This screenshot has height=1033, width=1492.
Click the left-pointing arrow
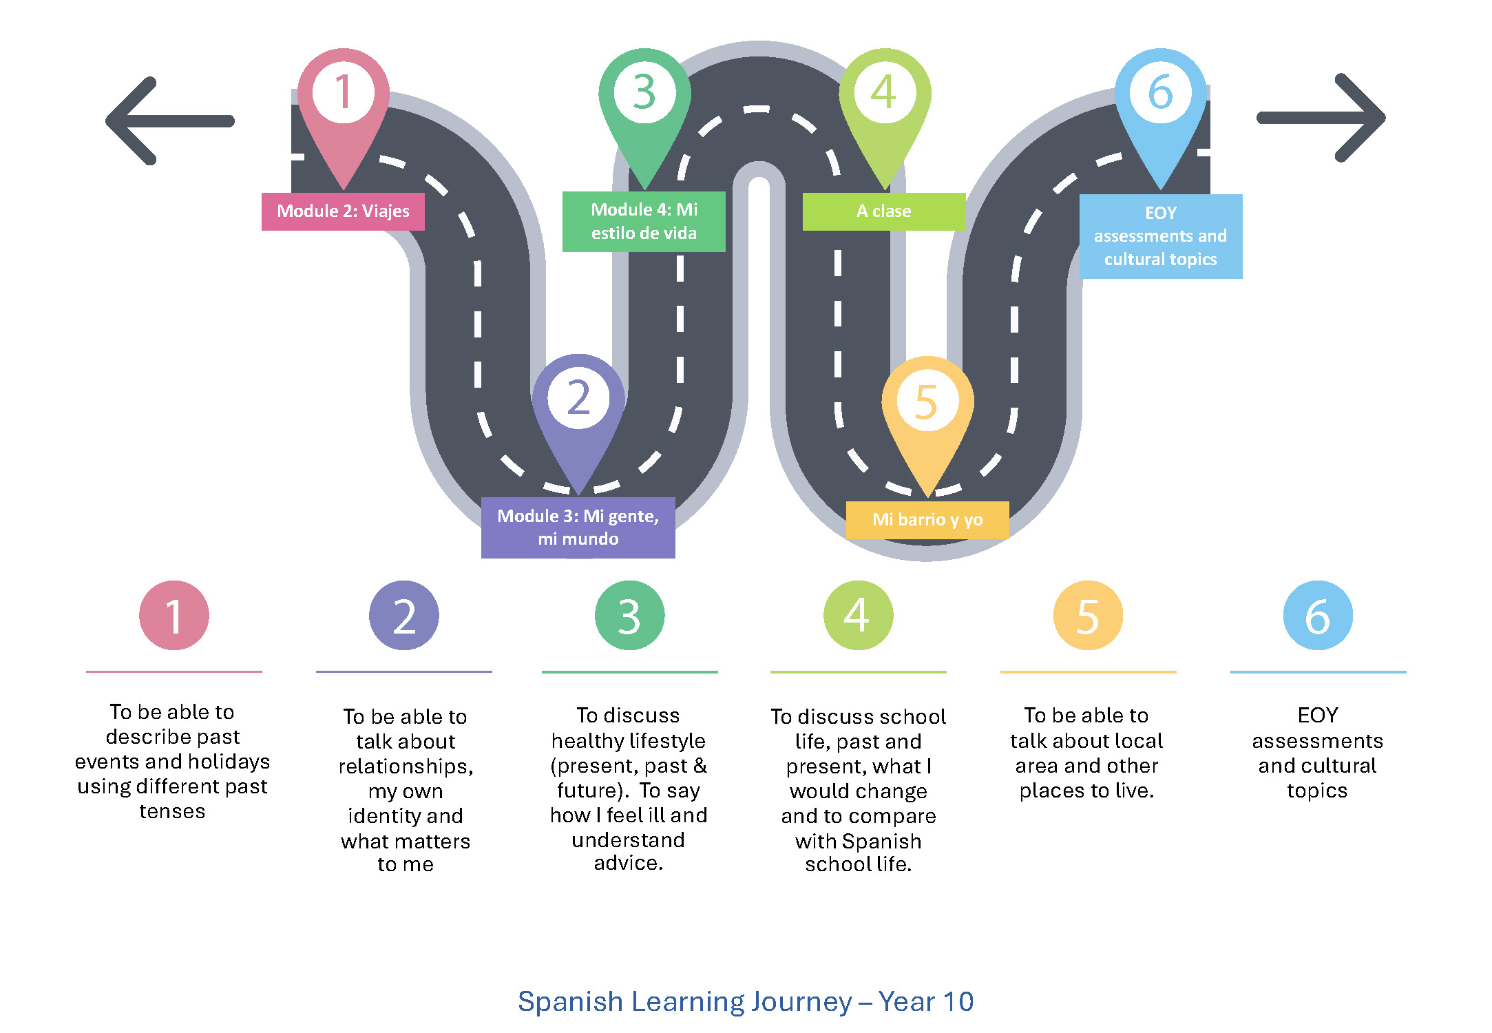click(x=169, y=121)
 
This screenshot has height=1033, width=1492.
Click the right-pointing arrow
click(x=1321, y=118)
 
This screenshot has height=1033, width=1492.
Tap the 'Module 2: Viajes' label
click(x=343, y=211)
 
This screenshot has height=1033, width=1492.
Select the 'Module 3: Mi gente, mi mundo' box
click(x=578, y=528)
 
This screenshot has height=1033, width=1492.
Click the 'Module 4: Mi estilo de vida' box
click(x=644, y=221)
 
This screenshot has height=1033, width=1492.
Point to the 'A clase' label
click(x=884, y=211)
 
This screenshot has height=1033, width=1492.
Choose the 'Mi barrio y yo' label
click(x=927, y=520)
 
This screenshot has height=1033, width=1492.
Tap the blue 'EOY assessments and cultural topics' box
click(x=1161, y=236)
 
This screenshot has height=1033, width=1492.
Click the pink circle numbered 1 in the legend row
click(x=174, y=615)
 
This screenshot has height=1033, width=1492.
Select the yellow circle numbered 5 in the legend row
click(x=1088, y=615)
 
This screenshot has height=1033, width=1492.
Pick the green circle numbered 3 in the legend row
click(x=629, y=615)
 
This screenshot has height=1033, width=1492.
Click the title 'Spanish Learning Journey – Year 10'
click(x=746, y=1001)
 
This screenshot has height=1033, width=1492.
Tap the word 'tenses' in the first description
click(x=172, y=811)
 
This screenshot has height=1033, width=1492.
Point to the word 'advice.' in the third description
click(x=629, y=863)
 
